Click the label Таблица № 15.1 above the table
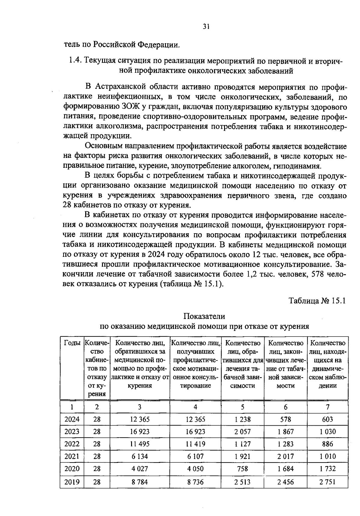(317, 300)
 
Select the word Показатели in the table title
(204, 316)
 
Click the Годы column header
(72, 343)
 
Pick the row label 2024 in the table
(72, 419)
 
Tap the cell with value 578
(285, 419)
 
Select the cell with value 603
(327, 419)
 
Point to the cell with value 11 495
(140, 444)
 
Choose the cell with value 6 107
(195, 456)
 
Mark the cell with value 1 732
(327, 469)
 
